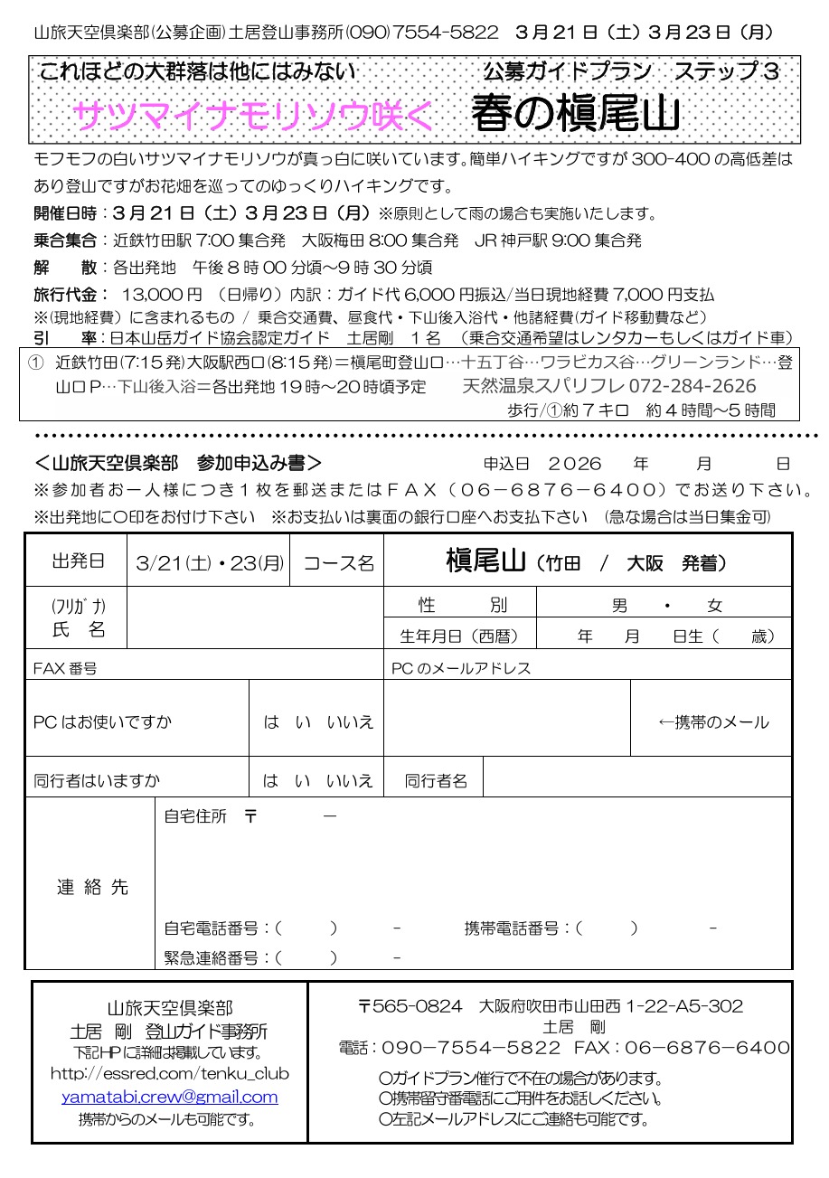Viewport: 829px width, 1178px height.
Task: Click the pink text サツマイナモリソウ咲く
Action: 254,116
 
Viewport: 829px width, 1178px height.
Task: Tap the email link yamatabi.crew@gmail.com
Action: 170,1097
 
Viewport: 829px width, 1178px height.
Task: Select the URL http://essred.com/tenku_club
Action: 170,1074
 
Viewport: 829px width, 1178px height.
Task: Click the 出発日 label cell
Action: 78,561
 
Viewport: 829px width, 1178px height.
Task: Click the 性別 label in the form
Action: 462,605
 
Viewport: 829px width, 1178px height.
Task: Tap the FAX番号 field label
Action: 65,669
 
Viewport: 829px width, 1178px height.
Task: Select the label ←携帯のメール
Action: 713,721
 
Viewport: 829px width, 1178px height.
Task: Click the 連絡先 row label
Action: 92,887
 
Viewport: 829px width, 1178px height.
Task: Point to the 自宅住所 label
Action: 195,816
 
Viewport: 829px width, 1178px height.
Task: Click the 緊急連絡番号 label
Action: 216,957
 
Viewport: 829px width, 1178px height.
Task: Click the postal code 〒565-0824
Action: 410,1006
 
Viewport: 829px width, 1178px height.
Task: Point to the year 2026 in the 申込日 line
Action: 575,463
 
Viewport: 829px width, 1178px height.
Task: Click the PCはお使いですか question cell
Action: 103,722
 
